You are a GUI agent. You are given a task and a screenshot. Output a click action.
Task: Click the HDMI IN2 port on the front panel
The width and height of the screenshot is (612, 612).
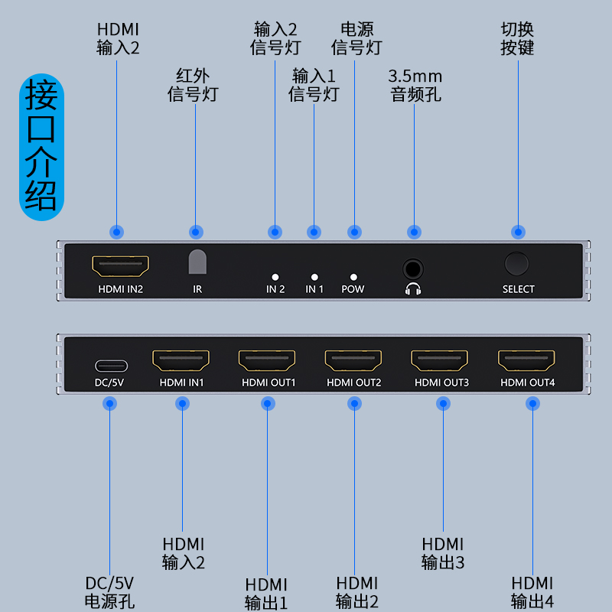click(x=120, y=266)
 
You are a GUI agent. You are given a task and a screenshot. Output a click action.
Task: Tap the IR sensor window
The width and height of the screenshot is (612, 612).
click(x=197, y=262)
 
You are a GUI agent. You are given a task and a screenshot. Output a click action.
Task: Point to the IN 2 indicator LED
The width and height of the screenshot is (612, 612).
click(x=275, y=277)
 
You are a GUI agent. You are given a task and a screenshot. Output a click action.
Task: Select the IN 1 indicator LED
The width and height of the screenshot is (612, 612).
click(x=314, y=277)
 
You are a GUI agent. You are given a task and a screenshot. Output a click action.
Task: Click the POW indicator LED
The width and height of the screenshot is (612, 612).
click(x=353, y=277)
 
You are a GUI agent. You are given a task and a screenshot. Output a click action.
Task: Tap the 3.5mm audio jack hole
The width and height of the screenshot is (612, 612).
click(x=413, y=269)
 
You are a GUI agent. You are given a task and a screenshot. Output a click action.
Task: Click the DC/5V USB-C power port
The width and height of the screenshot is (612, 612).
click(x=111, y=365)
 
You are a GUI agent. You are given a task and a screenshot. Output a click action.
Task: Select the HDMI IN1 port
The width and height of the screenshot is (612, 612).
click(x=181, y=361)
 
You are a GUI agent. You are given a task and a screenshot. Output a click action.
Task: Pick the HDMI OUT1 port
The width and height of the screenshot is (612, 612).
click(x=267, y=361)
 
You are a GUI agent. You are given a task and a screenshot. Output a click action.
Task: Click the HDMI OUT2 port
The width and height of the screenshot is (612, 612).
click(x=353, y=361)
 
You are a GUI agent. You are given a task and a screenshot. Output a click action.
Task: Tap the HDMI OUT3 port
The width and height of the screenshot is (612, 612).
click(x=440, y=361)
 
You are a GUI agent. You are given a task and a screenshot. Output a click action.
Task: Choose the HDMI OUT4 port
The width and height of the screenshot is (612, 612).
click(x=526, y=361)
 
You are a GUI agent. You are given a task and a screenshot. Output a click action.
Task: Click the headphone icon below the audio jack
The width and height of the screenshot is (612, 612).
click(x=413, y=289)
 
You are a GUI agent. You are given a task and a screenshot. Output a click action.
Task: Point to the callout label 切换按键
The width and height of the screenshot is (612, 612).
click(x=517, y=39)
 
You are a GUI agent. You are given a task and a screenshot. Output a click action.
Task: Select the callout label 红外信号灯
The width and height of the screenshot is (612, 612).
click(x=194, y=85)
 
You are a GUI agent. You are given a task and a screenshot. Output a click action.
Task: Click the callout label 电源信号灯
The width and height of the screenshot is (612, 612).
click(x=356, y=39)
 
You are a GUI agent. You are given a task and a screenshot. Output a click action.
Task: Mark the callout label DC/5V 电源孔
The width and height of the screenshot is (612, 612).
click(x=110, y=592)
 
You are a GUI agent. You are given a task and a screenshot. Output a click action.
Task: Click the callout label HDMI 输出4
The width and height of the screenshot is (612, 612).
click(x=532, y=592)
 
